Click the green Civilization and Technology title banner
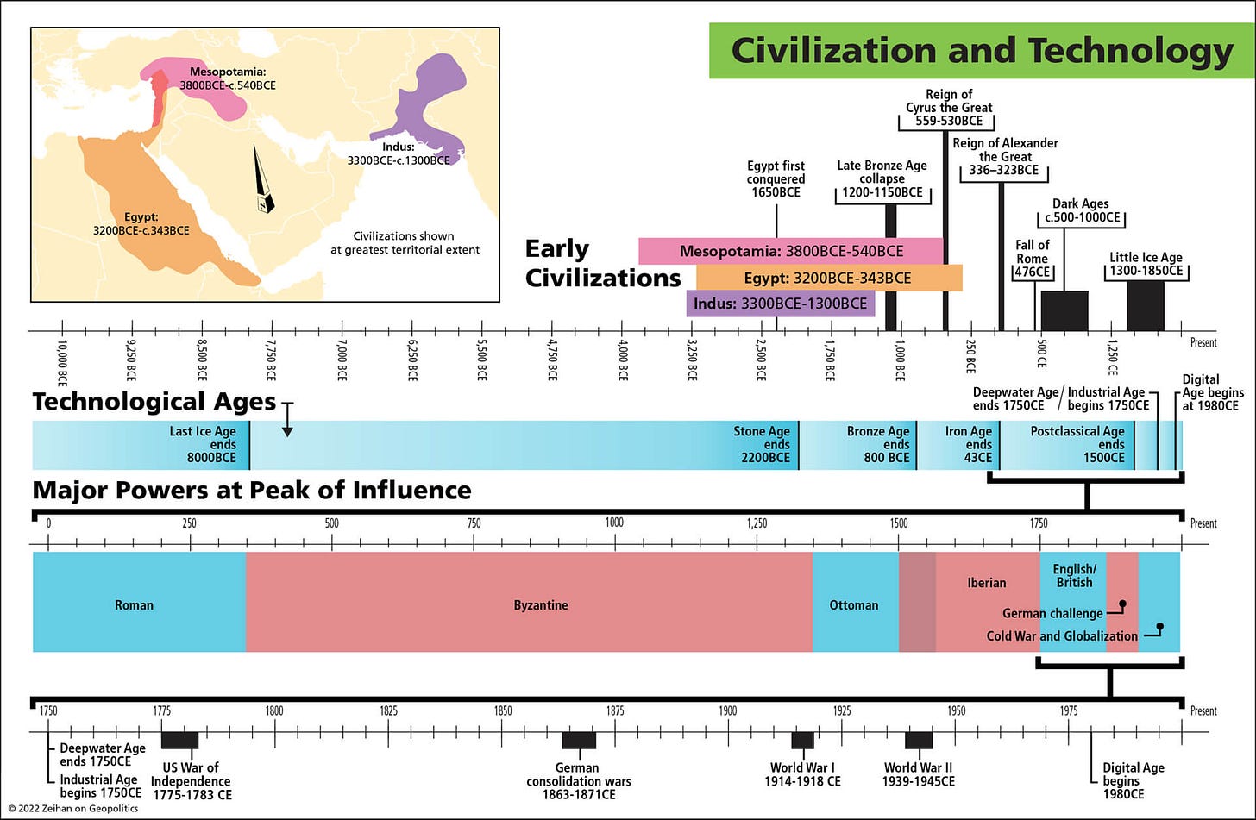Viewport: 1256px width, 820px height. (x=981, y=51)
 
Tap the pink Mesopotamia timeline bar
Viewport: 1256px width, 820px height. (x=790, y=251)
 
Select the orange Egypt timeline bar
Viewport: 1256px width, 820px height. (x=828, y=278)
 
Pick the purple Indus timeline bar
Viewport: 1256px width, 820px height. (x=780, y=304)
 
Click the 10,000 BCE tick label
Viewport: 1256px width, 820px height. (x=62, y=361)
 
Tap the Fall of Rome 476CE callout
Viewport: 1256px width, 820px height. (x=1032, y=259)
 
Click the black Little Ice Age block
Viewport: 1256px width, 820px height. (x=1146, y=306)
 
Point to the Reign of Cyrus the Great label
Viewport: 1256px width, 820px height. (x=948, y=108)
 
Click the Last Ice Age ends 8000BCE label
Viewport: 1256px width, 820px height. (x=203, y=445)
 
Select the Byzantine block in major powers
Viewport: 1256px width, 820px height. (x=540, y=604)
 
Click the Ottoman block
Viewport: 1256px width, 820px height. (x=854, y=604)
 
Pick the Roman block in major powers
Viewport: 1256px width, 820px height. (x=134, y=604)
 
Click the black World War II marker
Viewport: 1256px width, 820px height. (x=919, y=740)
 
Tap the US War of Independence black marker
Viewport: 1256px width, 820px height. (x=179, y=740)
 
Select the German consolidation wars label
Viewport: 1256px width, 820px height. (x=578, y=780)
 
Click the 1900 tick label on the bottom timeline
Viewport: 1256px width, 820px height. (x=728, y=710)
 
